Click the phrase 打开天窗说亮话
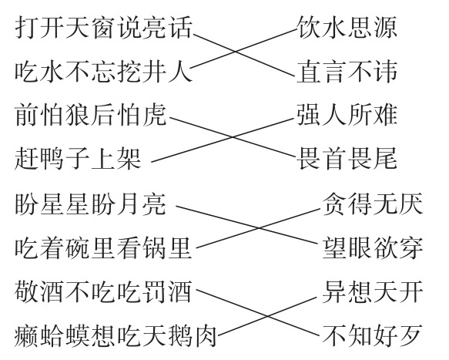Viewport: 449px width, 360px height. [x=103, y=28]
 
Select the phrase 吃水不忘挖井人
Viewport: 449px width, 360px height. [x=103, y=72]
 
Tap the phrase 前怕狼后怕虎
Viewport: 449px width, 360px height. [x=90, y=115]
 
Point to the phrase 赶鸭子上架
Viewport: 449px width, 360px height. [x=78, y=159]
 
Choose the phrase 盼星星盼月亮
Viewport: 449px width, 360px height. [x=90, y=204]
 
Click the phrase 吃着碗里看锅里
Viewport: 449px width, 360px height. [x=103, y=247]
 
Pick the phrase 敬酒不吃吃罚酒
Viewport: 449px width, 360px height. [x=103, y=292]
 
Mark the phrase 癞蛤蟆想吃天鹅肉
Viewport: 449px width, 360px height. [x=116, y=336]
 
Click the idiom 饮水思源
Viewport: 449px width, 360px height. [x=347, y=28]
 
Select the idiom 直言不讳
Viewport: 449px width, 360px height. [x=347, y=72]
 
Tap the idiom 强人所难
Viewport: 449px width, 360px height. [x=347, y=115]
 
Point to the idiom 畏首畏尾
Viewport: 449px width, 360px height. [x=347, y=159]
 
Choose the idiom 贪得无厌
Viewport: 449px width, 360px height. [x=373, y=204]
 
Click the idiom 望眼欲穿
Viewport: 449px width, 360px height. [x=373, y=247]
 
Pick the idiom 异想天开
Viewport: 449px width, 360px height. [x=373, y=292]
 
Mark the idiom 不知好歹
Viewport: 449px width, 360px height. [x=373, y=336]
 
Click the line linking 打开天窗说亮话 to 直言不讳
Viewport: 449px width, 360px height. [x=244, y=56]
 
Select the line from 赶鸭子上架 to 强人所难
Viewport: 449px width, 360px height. [x=223, y=140]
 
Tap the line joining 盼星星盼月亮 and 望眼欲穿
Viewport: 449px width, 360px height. [x=247, y=225]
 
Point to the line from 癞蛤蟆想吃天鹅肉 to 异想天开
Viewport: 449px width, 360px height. [x=268, y=316]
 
